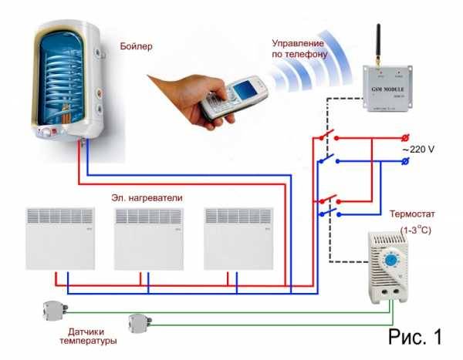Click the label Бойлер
coord(137,46)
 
